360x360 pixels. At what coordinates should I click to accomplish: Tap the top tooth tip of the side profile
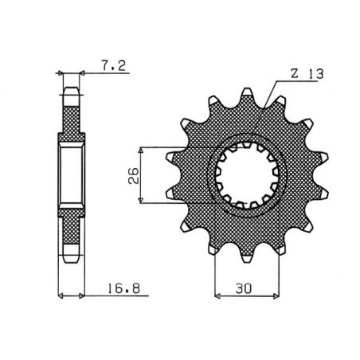[71, 91]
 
